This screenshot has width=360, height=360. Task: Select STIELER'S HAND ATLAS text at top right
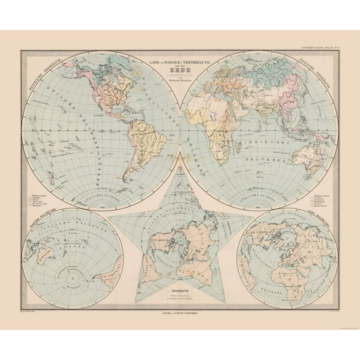tap(319, 47)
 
